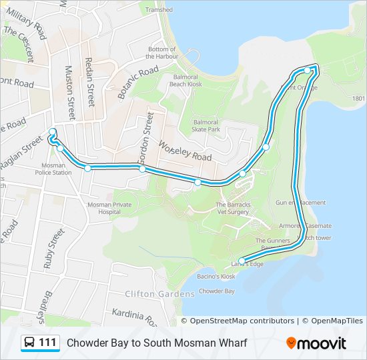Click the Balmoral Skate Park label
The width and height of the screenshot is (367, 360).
tap(206, 126)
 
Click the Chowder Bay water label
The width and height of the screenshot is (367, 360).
tap(217, 291)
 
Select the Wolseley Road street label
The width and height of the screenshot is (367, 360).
tap(185, 151)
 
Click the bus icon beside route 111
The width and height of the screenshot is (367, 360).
tap(29, 343)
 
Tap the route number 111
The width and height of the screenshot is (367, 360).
tap(47, 343)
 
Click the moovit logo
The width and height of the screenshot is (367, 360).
tap(316, 343)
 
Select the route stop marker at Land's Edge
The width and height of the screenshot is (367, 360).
tap(242, 261)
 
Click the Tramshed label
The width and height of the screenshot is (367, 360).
tap(159, 10)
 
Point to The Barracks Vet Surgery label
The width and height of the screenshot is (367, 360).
tap(232, 208)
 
